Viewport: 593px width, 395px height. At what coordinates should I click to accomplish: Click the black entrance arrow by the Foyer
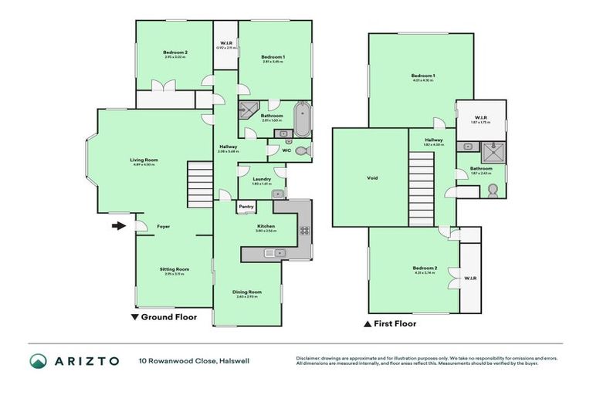117,226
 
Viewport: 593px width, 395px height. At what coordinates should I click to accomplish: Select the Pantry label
246,207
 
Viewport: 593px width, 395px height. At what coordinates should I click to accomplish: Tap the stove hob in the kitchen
304,230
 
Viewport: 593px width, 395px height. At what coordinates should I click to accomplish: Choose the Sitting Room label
175,269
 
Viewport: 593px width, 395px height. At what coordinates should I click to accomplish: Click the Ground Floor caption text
168,317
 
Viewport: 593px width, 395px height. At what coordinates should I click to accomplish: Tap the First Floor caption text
395,323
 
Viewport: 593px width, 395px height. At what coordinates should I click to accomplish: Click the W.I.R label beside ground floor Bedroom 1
226,43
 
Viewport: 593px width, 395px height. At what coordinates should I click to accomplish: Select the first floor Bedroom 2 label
425,268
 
